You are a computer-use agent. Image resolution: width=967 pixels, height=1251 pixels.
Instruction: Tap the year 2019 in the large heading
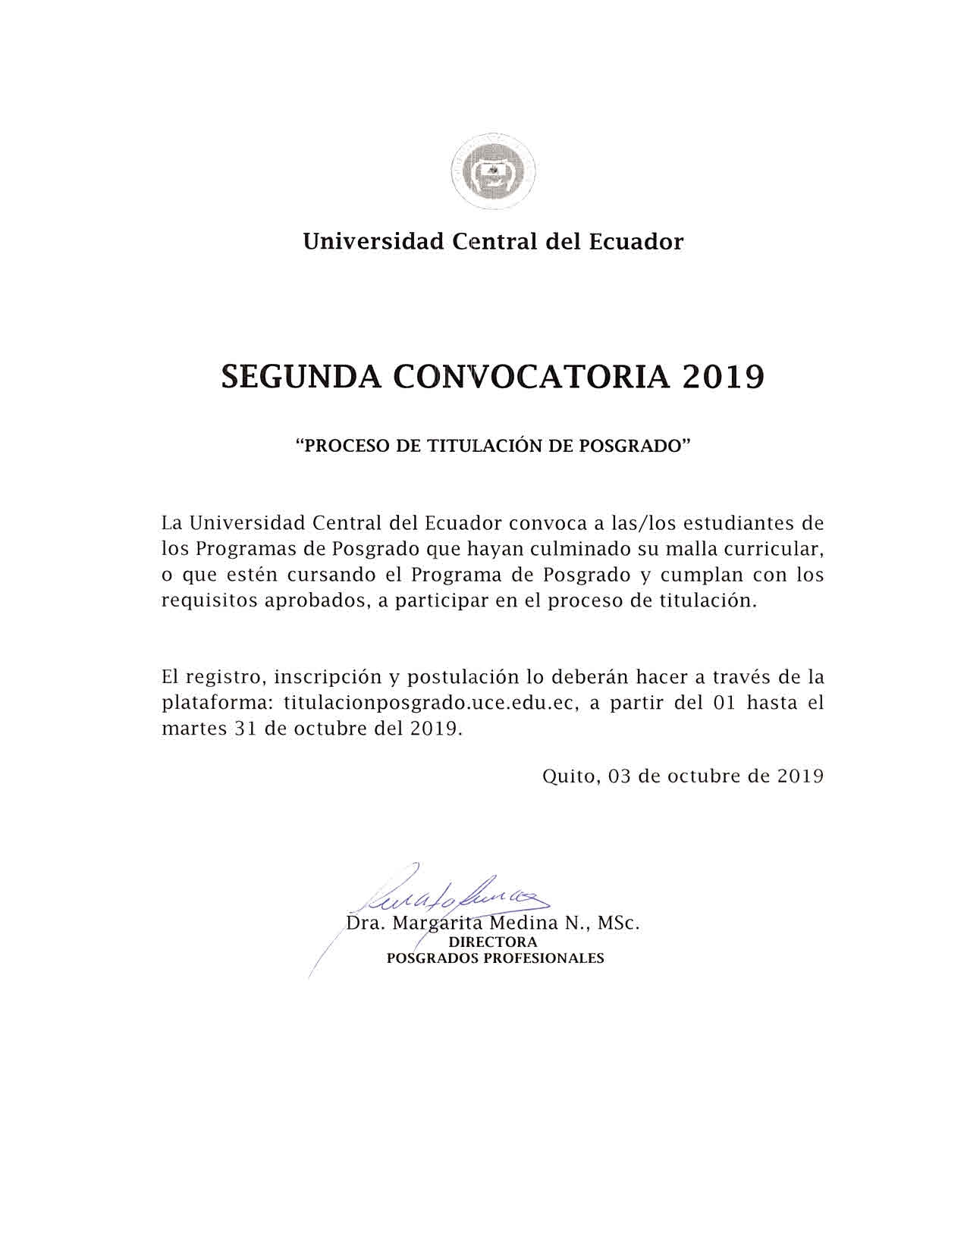[723, 377]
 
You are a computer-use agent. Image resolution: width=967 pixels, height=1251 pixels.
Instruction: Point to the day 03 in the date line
[620, 776]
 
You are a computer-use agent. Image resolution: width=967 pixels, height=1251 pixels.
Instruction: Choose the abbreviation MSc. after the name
[619, 924]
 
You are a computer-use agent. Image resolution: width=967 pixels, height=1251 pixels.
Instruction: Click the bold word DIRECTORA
[493, 942]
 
